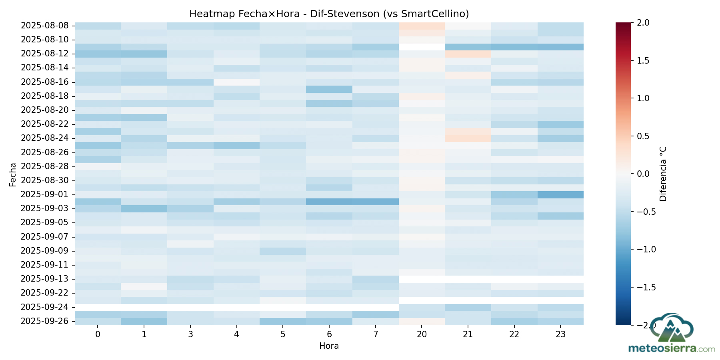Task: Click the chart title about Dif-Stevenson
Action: point(329,14)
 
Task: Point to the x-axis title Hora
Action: point(329,346)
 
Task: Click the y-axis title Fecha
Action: point(13,174)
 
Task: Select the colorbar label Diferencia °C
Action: point(663,174)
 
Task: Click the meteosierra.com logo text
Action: point(672,348)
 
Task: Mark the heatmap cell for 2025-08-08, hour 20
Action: point(422,26)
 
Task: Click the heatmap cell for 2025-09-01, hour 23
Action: point(560,194)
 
